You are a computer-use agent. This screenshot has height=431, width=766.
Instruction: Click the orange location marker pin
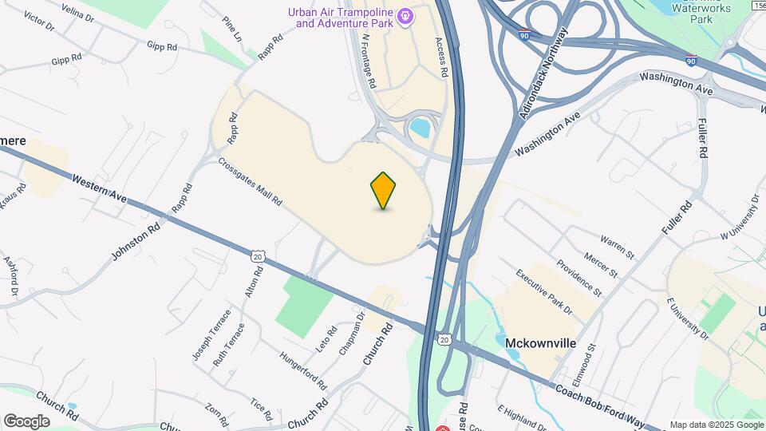click(384, 190)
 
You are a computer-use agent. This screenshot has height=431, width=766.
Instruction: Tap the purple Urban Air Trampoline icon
click(405, 16)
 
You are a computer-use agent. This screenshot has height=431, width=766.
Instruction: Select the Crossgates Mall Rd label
click(250, 181)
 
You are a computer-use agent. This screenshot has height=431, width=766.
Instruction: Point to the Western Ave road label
click(100, 188)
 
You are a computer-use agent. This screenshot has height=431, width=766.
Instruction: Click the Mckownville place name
click(540, 343)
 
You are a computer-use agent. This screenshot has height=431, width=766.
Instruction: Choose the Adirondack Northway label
click(543, 73)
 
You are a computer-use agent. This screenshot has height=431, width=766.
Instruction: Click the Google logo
click(26, 421)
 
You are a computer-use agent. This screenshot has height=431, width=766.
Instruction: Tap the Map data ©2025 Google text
click(716, 425)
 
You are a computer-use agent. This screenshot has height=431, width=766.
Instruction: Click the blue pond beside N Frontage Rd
click(419, 128)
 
